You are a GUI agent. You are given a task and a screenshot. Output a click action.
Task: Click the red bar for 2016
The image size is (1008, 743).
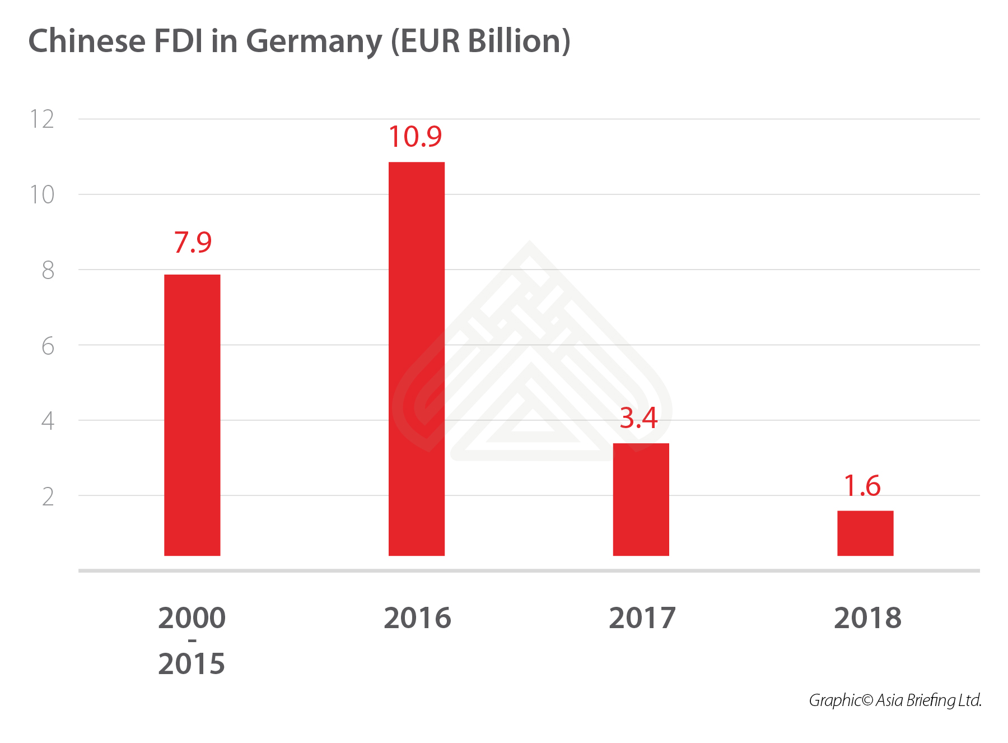(416, 359)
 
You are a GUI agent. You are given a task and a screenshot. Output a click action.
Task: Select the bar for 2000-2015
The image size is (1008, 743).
(192, 415)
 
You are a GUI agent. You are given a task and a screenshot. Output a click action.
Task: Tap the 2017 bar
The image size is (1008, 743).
(641, 499)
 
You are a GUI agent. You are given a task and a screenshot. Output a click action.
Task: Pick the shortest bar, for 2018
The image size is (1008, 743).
(865, 533)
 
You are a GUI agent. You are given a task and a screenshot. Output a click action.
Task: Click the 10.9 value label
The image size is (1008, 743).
(415, 137)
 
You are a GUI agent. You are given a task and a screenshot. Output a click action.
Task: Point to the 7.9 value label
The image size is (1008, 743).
(193, 243)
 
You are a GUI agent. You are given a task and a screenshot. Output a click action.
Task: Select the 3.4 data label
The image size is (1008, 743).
(638, 418)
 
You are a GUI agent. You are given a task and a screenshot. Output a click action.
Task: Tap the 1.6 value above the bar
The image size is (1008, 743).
(862, 486)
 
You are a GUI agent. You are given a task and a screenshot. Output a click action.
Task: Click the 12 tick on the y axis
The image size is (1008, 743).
(42, 119)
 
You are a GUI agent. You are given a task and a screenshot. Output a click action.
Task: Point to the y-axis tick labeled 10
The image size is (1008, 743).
(42, 195)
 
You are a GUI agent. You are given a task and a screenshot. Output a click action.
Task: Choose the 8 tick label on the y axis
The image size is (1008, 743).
(48, 271)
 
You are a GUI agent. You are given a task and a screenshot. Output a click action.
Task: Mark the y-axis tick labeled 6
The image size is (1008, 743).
(48, 346)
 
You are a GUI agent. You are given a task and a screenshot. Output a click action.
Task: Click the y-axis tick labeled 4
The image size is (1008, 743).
(48, 421)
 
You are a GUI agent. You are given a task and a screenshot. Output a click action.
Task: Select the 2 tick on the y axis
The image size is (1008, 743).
(48, 497)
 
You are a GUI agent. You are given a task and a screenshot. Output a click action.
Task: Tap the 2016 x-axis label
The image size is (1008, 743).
(417, 618)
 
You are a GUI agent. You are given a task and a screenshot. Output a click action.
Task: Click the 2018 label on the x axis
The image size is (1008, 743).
(867, 618)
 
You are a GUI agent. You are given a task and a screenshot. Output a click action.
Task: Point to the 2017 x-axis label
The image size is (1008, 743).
(642, 618)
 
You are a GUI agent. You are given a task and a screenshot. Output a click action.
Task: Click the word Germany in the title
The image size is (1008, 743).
(314, 42)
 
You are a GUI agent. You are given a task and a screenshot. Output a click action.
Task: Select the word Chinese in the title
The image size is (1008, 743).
(87, 41)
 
